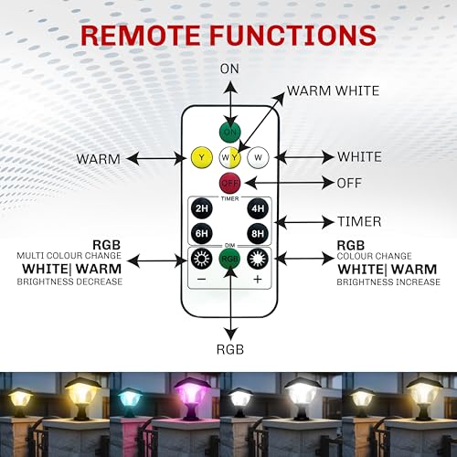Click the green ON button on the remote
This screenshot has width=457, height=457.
tap(230, 132)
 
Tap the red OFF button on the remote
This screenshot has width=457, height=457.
tap(229, 183)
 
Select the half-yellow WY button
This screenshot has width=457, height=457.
tap(230, 157)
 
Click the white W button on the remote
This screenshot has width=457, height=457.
tap(258, 157)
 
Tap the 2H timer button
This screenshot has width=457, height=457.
tap(202, 208)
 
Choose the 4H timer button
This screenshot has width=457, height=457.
tap(258, 208)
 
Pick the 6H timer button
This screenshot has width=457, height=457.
tap(202, 234)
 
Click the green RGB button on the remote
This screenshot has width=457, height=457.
tap(229, 259)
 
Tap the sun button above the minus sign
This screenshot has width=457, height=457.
tap(202, 259)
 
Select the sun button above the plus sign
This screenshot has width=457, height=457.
tap(258, 259)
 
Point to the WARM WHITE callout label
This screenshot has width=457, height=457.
tap(333, 90)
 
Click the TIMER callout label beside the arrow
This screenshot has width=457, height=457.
tap(359, 221)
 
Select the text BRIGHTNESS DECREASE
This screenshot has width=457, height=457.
tap(69, 282)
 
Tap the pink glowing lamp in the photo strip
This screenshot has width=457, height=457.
tap(193, 395)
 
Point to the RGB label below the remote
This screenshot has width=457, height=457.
tap(230, 349)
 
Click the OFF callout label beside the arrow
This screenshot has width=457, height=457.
tap(349, 183)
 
